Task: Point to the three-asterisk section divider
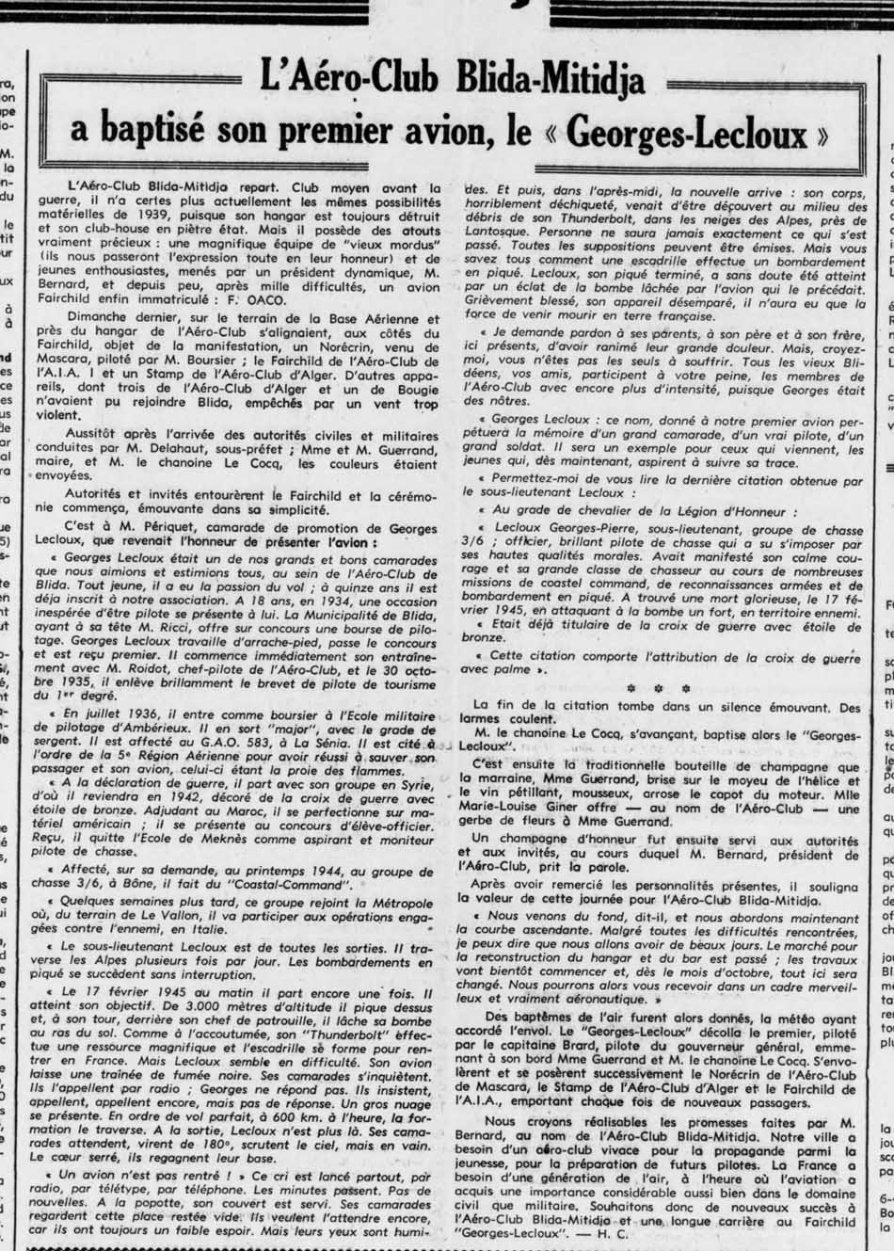coord(659,688)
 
